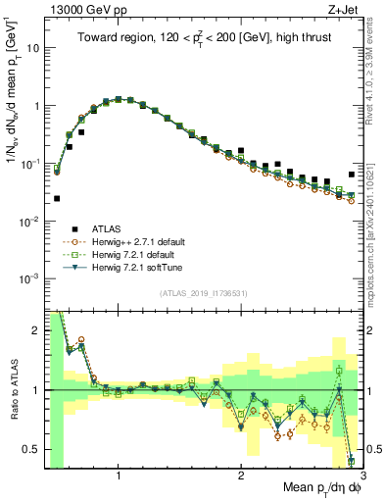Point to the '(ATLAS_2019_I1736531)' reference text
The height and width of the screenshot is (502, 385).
[204, 293]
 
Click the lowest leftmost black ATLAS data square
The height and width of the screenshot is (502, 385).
[57, 198]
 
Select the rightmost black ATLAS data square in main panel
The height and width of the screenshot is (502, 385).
[352, 175]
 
